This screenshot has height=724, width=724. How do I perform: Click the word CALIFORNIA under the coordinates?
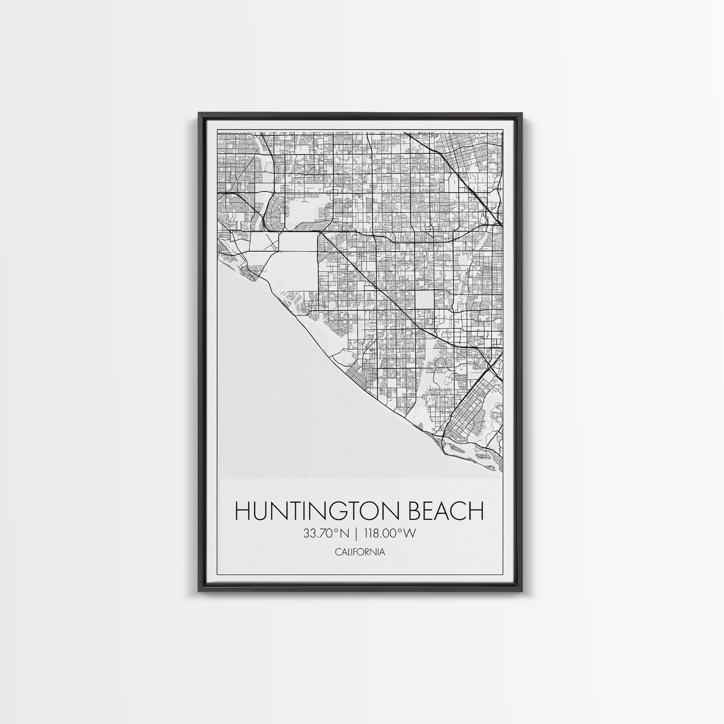(x=360, y=552)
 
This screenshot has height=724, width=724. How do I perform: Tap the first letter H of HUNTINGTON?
(x=242, y=512)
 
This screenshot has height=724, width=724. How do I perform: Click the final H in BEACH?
(x=476, y=512)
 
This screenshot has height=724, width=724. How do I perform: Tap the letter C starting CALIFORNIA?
(x=338, y=552)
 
